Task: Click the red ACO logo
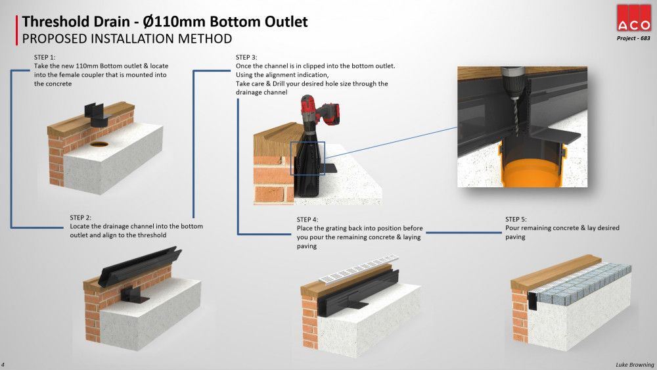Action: point(633,18)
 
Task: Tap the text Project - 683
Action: point(633,38)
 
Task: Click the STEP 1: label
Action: point(45,57)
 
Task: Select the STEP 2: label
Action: point(80,218)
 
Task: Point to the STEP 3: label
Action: point(246,57)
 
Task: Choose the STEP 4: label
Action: point(307,219)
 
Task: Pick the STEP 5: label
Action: point(516,219)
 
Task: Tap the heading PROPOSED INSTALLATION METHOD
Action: point(127,39)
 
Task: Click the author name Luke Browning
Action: point(635,365)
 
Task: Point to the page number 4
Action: point(3,365)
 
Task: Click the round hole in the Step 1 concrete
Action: point(99,145)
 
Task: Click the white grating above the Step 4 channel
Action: point(359,267)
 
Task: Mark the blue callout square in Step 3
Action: point(307,158)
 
